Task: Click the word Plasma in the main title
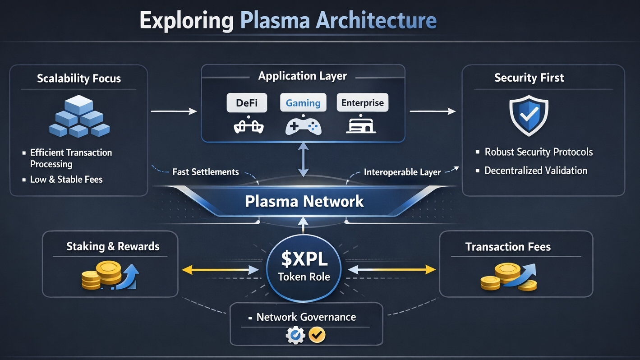(275, 21)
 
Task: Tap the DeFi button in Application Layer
(246, 103)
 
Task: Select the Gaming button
(303, 103)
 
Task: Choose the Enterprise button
(362, 103)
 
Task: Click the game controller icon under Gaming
(303, 125)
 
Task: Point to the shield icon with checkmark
(529, 115)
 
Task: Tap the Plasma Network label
(304, 201)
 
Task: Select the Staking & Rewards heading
(113, 246)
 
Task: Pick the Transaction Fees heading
(508, 247)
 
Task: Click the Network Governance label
(306, 317)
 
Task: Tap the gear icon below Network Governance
(295, 335)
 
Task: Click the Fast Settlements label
(205, 172)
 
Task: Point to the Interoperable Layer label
(402, 172)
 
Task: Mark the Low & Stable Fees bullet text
(66, 180)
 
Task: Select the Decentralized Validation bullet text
(536, 171)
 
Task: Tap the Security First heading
(529, 78)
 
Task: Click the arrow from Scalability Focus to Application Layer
(174, 111)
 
